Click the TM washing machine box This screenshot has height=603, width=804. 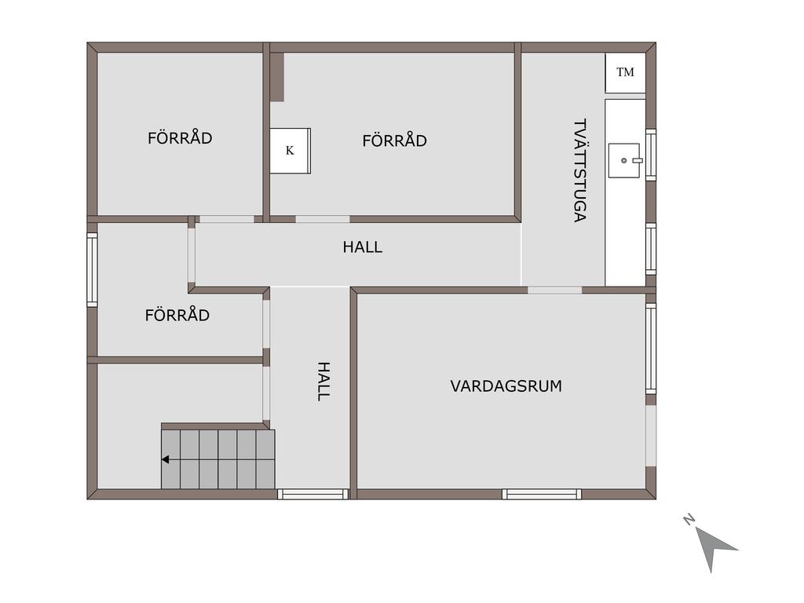(625, 73)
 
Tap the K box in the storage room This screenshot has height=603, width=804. (291, 151)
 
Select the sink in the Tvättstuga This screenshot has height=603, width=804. (625, 160)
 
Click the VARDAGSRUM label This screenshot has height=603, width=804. (506, 386)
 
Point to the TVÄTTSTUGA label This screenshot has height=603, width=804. (579, 170)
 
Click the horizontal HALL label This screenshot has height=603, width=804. (363, 247)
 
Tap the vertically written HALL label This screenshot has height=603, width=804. (323, 381)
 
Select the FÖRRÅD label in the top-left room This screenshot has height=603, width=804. (180, 137)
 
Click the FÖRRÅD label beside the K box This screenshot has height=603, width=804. (395, 140)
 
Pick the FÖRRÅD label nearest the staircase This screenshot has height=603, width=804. (177, 314)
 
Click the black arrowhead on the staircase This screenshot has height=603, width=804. (165, 459)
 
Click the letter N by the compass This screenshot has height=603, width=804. (689, 520)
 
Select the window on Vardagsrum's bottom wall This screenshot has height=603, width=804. (542, 495)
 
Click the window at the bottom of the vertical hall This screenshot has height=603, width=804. (312, 495)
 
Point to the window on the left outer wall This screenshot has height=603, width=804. (93, 270)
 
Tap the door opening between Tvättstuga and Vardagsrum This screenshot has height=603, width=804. (555, 291)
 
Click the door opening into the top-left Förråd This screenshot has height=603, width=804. (227, 219)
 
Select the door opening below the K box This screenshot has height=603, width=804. (323, 219)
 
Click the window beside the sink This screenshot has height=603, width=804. (651, 155)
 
